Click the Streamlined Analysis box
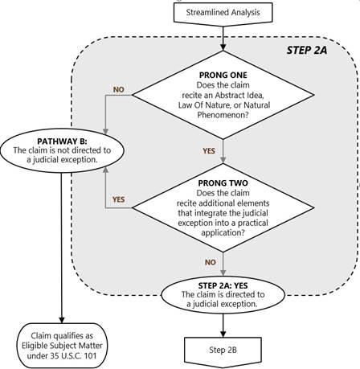click(223, 13)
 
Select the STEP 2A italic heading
click(307, 50)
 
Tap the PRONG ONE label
click(223, 75)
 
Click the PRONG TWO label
click(223, 183)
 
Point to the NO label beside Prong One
click(119, 89)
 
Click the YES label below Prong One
click(209, 151)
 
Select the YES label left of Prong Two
click(119, 199)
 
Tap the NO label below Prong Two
click(211, 262)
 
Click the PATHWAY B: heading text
click(62, 141)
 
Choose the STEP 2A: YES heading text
click(223, 285)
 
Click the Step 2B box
click(223, 351)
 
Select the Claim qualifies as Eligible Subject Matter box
click(62, 346)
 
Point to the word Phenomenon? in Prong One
click(223, 115)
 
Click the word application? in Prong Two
click(223, 232)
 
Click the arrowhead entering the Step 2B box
click(223, 334)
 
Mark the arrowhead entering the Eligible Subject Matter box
click(62, 320)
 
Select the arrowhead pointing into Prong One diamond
click(223, 47)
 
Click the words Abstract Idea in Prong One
click(239, 95)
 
